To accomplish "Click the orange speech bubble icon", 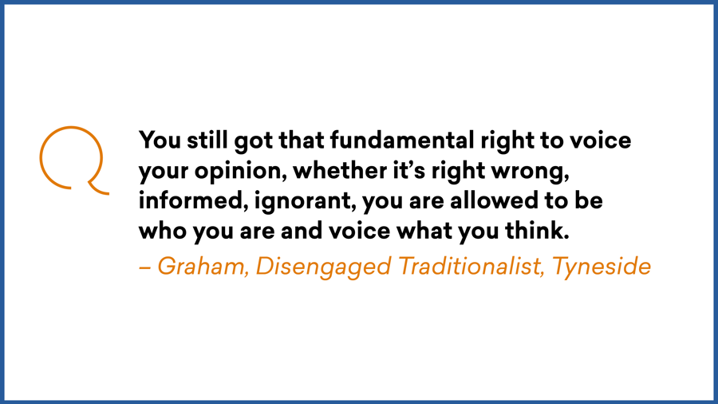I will [x=72, y=159].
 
